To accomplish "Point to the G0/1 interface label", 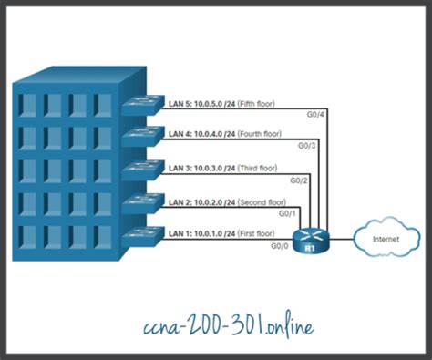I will point(287,213).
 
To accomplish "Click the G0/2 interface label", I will point(298,180).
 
